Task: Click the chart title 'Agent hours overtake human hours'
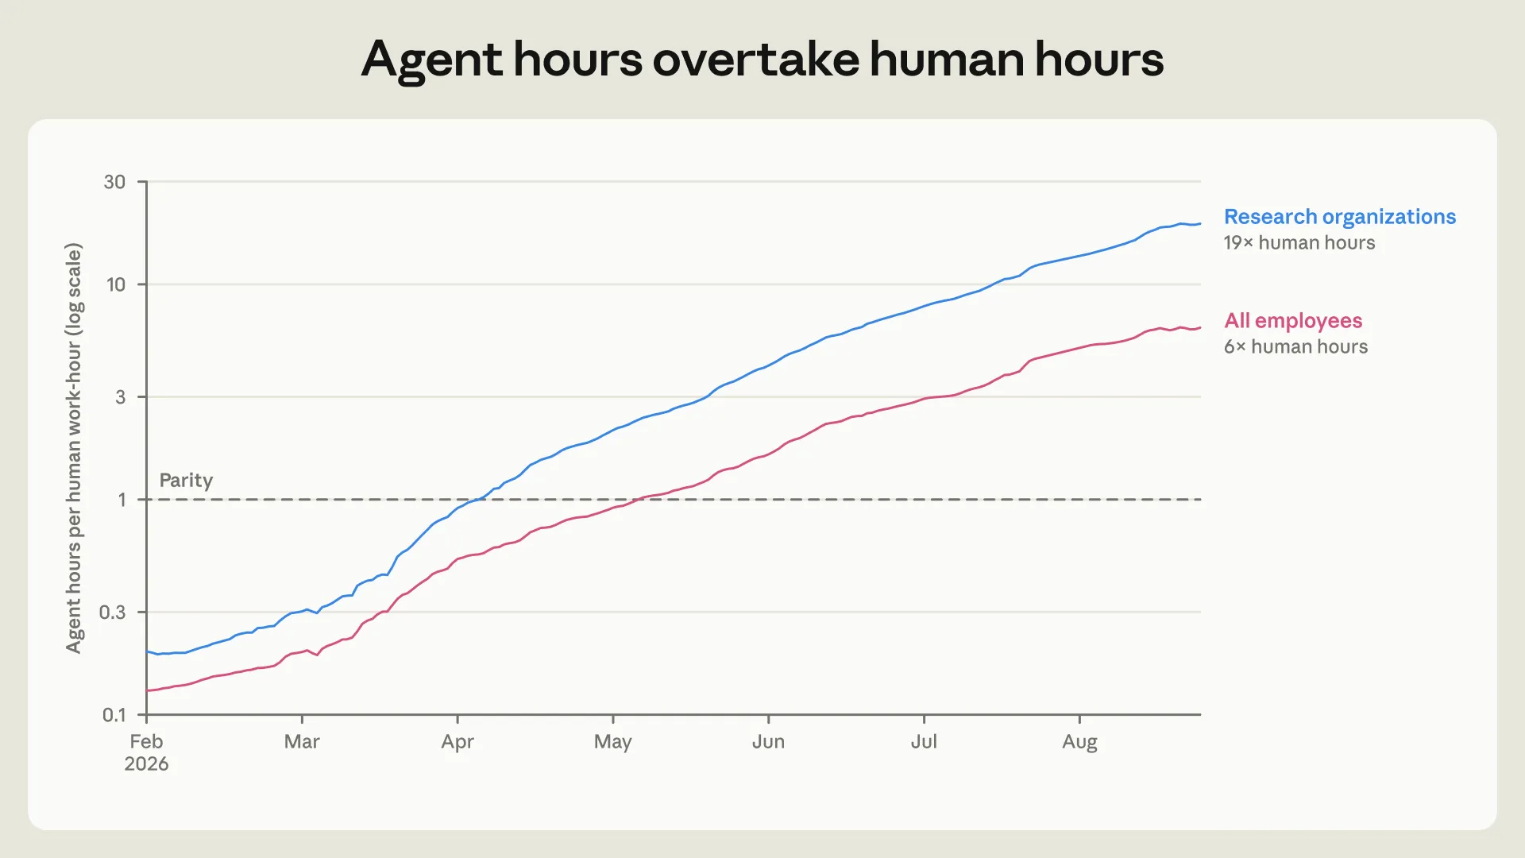coord(762,60)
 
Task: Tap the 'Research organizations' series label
coord(1340,217)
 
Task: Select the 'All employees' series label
coord(1293,321)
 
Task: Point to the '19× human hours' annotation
coord(1299,243)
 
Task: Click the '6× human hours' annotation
coord(1295,347)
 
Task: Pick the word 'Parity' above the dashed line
coord(186,481)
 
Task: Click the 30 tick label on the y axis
coord(114,182)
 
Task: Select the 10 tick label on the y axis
coord(116,284)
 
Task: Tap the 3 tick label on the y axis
coord(121,396)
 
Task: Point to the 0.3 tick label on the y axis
coord(112,612)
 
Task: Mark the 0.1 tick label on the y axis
coord(114,715)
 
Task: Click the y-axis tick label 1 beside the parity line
coord(122,500)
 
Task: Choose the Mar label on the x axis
coord(302,742)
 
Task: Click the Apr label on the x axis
coord(457,742)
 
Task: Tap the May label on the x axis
coord(613,742)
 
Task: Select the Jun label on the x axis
coord(768,742)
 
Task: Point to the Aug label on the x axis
coord(1079,742)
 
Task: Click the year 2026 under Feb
coord(146,764)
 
